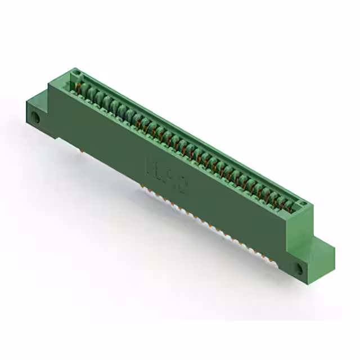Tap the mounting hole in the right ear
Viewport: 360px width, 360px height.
click(299, 269)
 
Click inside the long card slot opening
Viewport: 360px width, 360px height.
click(186, 138)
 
